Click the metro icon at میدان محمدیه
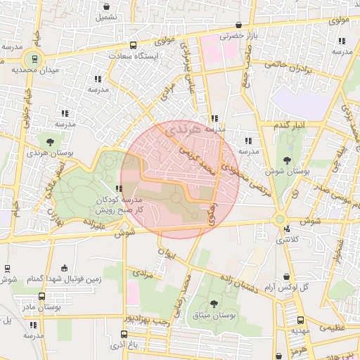click(32, 58)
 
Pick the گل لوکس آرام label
click(285, 288)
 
